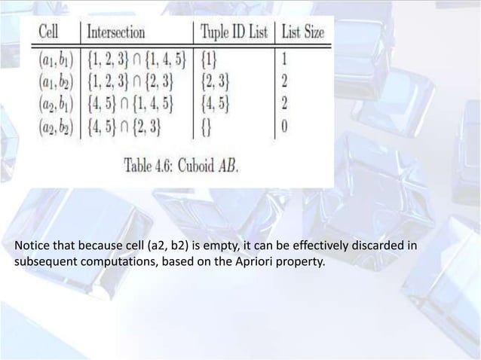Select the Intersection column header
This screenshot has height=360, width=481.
[116, 32]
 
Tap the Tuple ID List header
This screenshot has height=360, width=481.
[236, 32]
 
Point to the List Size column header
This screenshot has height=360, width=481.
[304, 32]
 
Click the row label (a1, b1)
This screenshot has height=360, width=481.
[53, 57]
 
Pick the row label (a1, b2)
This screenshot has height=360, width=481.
[53, 79]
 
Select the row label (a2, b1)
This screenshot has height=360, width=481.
[53, 102]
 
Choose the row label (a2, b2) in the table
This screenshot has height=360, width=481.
[53, 124]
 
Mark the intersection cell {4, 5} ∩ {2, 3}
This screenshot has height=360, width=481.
[123, 124]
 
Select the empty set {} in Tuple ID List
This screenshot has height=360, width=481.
[207, 124]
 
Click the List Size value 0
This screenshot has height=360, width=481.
[285, 124]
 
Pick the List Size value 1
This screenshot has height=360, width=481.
[285, 57]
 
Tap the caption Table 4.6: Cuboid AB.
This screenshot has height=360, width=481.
[182, 167]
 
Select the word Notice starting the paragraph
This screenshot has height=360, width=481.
[32, 246]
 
